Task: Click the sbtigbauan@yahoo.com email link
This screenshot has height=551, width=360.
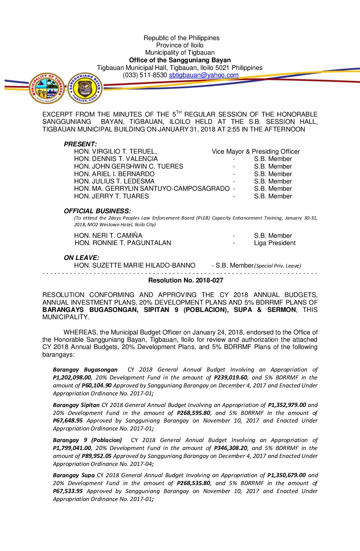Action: tap(203, 75)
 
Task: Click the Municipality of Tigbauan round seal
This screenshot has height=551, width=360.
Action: tap(47, 88)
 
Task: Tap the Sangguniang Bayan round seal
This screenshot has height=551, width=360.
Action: tap(85, 88)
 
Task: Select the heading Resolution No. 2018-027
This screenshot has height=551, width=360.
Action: tap(186, 280)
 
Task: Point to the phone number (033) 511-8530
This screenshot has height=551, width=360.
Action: tap(145, 75)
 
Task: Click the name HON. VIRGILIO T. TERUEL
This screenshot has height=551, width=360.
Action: tap(115, 152)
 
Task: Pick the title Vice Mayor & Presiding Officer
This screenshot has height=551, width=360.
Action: tap(256, 152)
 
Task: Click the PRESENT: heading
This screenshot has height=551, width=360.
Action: tap(80, 144)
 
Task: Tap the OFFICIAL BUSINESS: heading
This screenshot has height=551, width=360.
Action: tap(97, 211)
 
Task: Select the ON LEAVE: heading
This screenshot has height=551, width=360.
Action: tap(81, 258)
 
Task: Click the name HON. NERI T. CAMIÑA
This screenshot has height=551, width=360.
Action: tap(108, 236)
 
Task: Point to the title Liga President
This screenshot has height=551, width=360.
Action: tap(275, 243)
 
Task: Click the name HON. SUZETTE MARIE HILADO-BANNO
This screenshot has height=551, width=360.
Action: tap(135, 266)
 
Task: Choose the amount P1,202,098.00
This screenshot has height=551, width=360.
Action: tap(72, 378)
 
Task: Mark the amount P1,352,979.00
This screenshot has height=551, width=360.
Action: tap(287, 405)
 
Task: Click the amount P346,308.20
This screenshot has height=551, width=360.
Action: tap(231, 448)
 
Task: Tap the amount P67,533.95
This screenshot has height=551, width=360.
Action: tap(68, 491)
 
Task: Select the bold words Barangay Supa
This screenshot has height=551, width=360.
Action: tap(74, 476)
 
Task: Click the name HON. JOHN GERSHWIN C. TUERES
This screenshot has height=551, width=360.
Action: tap(129, 167)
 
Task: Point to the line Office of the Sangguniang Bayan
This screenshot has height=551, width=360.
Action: tap(180, 60)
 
